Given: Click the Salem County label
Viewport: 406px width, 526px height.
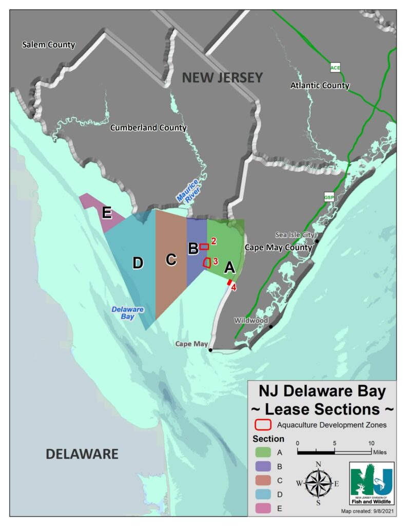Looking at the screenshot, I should [49, 45].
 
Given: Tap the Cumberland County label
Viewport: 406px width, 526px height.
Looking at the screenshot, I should [149, 127].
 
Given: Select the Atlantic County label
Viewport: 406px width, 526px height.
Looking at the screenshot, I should [320, 85].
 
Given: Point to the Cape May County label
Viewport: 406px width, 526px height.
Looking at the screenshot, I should [278, 247].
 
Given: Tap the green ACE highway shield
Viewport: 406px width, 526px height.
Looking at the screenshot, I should [335, 67].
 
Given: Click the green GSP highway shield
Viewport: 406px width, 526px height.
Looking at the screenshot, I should [328, 197].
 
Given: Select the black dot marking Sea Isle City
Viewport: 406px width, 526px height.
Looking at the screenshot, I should [318, 241].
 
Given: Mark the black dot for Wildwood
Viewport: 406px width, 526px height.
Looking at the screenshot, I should [270, 326].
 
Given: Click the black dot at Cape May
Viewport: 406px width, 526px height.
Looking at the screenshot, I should [210, 350].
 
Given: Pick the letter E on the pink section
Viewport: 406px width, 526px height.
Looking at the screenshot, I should [107, 212].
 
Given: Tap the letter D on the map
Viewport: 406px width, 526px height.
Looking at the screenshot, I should [138, 263].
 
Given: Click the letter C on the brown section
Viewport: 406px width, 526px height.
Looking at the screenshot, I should [171, 259].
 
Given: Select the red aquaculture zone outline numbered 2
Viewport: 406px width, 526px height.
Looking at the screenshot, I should [204, 247].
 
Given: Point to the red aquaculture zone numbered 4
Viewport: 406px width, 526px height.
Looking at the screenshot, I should [229, 282].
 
